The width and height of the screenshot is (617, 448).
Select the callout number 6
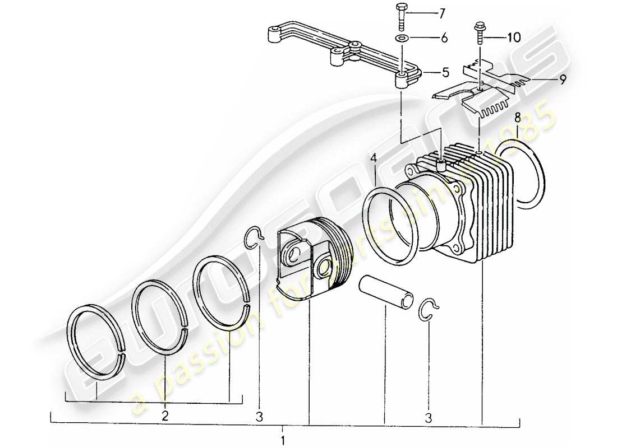click(x=444, y=39)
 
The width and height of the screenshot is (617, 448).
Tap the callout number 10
click(x=514, y=38)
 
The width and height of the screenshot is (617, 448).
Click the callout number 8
click(x=518, y=117)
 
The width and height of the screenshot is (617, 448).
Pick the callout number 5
click(x=445, y=72)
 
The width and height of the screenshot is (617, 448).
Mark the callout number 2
click(x=165, y=415)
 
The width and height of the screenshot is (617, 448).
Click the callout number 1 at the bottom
click(x=283, y=438)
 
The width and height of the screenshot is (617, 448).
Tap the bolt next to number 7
click(x=402, y=16)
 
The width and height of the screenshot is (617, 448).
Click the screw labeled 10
click(x=479, y=34)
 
